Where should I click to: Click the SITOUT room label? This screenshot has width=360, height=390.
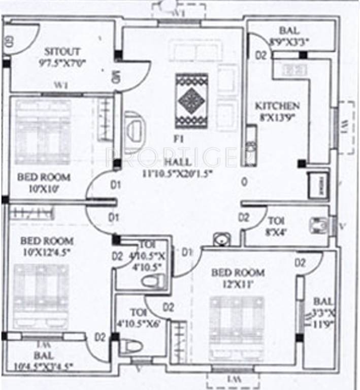[x=62, y=52]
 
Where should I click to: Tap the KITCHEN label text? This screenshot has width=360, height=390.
[x=277, y=106]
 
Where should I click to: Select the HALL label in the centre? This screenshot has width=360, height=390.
[x=177, y=162]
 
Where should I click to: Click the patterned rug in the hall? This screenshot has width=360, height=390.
[x=191, y=101]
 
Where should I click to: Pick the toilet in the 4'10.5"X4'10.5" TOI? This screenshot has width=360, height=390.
[x=153, y=281]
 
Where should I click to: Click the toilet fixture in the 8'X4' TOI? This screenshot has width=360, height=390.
[x=319, y=225]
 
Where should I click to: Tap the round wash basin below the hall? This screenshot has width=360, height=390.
[x=221, y=239]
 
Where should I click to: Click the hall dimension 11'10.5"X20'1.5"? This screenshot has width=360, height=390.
[x=177, y=173]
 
